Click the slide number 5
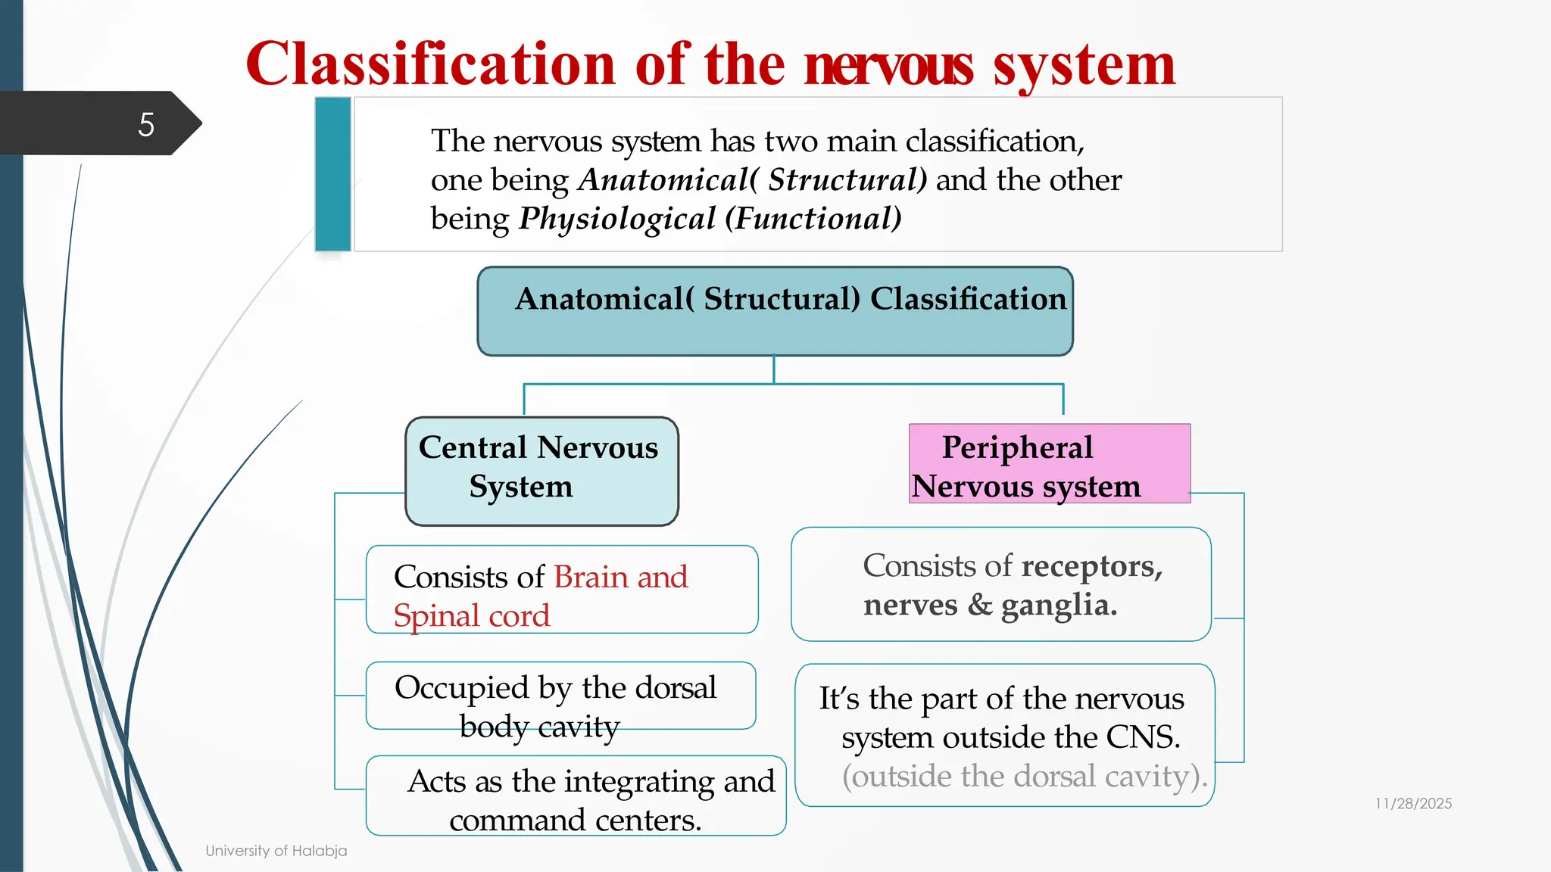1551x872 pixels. point(146,125)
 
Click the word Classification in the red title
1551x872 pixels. point(429,65)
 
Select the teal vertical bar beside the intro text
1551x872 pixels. point(332,174)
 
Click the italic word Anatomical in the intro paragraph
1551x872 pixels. point(663,180)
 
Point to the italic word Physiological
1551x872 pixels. point(616,219)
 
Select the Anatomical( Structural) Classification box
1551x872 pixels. point(775,311)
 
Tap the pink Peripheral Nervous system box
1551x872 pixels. point(1049,464)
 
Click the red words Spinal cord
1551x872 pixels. point(471,615)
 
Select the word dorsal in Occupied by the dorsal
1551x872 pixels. point(675,688)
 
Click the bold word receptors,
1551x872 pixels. point(1091,567)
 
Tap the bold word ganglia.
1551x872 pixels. point(1058,606)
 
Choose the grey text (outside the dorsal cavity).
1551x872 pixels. point(1024,777)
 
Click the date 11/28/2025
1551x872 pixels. point(1413,804)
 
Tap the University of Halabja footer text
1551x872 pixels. point(276,851)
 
